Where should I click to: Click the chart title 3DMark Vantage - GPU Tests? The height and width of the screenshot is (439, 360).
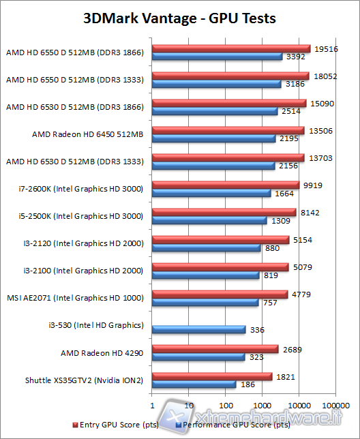179,18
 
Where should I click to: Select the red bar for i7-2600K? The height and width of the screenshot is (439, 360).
225,185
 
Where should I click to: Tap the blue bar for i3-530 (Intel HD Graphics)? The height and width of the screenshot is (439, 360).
198,330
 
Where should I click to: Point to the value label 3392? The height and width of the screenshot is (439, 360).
295,57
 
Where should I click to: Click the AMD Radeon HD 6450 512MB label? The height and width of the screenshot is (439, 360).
87,134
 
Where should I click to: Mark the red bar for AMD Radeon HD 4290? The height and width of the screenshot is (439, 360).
215,349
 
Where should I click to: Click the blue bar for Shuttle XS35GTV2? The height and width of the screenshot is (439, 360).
194,384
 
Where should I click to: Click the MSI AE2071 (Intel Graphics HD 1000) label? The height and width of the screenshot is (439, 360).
75,298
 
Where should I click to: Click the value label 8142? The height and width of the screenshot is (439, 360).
308,212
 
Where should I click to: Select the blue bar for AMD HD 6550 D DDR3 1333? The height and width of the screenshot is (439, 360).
217,85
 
